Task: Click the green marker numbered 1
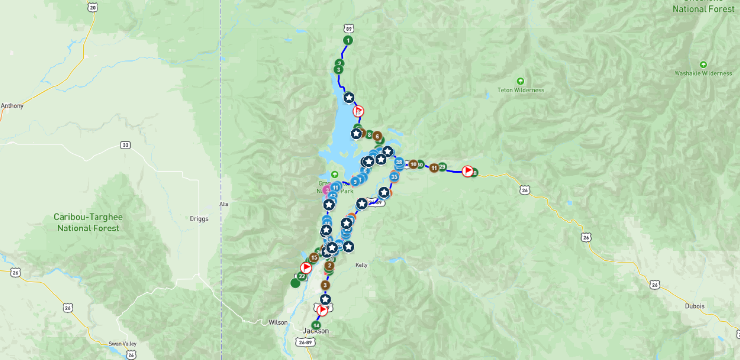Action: pos(348,40)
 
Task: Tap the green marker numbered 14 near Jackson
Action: pos(316,326)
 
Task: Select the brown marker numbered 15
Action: pos(314,257)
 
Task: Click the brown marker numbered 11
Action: pos(434,168)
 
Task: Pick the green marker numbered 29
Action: pos(442,167)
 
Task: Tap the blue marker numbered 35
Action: pos(394,177)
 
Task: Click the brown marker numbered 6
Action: pos(377,136)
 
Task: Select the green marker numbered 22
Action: pos(302,276)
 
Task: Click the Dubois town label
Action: pos(694,306)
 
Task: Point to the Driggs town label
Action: pos(199,219)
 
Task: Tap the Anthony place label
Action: pos(12,106)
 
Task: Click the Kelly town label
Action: pos(361,265)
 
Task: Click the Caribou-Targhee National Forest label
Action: pos(88,223)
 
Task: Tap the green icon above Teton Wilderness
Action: pos(520,81)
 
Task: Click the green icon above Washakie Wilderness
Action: pos(703,65)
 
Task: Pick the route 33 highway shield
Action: pos(126,145)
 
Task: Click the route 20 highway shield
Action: pos(93,7)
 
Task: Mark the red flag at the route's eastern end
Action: pos(467,171)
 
